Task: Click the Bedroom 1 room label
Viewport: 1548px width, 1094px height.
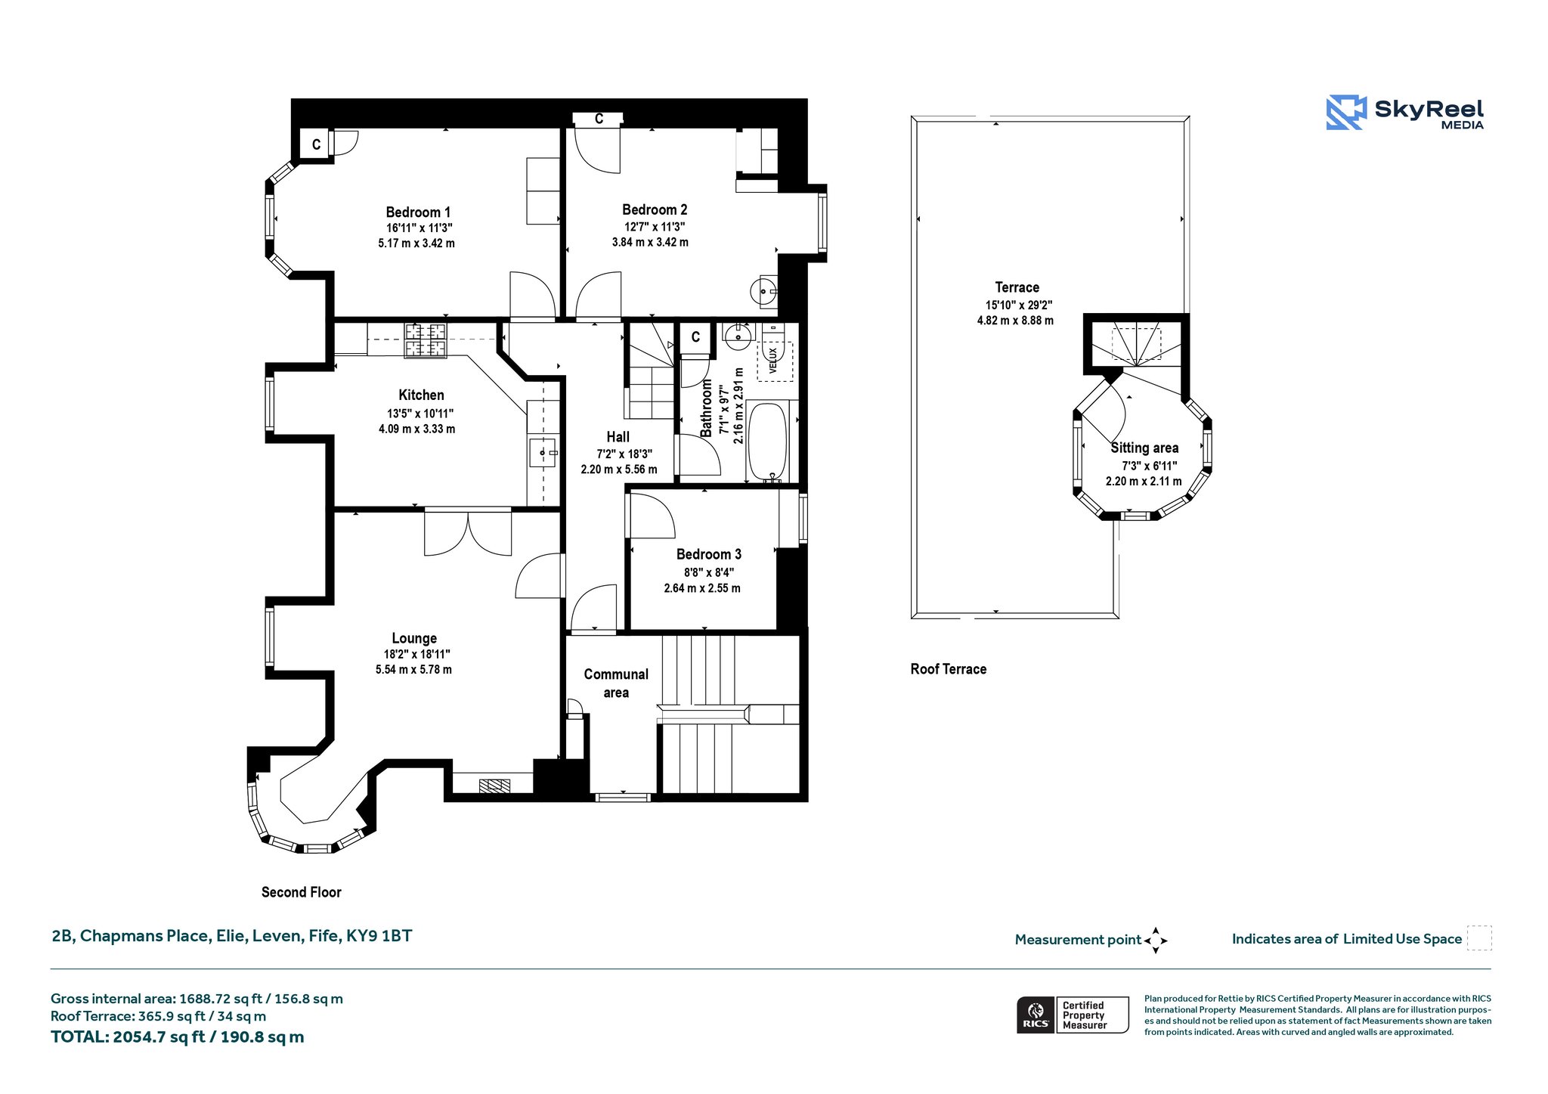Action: click(418, 212)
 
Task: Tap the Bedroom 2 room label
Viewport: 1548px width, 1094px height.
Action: click(655, 210)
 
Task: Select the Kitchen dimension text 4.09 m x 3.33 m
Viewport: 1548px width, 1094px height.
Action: click(416, 429)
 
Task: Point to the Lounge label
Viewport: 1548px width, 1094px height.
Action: click(414, 638)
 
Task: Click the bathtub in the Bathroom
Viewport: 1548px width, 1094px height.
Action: click(768, 442)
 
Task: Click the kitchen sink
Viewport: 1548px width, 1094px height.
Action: click(542, 453)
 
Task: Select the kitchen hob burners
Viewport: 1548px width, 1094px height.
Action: click(426, 340)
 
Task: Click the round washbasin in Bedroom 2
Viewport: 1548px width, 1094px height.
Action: click(764, 290)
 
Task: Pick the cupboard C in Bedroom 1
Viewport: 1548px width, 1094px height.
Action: click(316, 144)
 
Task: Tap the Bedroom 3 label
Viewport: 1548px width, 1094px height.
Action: click(708, 554)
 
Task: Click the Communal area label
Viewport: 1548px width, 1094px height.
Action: click(616, 683)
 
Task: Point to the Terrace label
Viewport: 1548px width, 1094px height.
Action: click(1017, 287)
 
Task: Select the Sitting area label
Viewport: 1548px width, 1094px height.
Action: click(1144, 448)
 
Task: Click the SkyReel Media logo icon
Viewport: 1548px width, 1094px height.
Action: click(1346, 113)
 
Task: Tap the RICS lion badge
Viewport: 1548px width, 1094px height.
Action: click(1036, 1015)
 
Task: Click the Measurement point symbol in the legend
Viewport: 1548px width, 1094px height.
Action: click(1156, 941)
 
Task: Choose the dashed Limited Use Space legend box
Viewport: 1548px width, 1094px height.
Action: click(1479, 938)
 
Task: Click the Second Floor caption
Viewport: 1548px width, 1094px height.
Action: click(301, 892)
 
